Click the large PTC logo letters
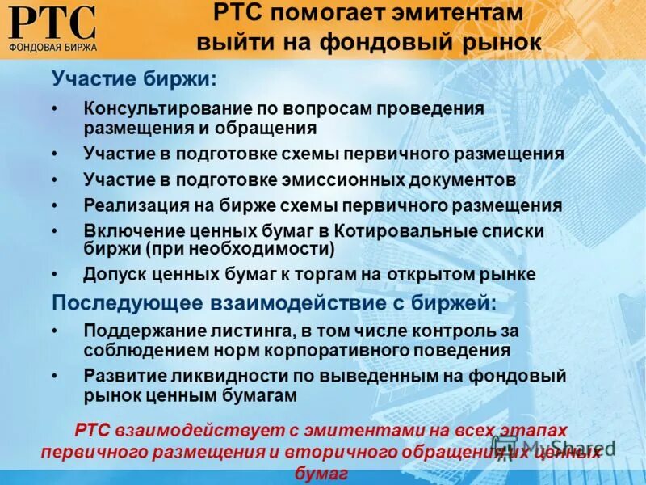53,22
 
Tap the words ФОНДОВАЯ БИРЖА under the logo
53,47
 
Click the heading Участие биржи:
134,79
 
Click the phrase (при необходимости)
241,247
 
